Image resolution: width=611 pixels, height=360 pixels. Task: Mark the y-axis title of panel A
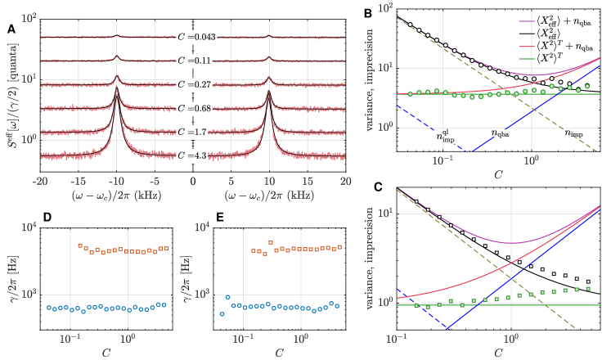click(x=11, y=94)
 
